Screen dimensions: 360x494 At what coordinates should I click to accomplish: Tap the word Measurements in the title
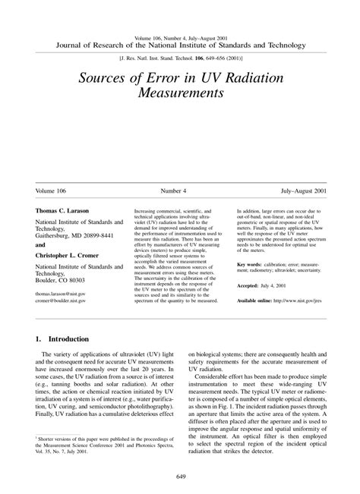[180, 96]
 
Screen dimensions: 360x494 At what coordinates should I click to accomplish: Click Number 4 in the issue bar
[179, 192]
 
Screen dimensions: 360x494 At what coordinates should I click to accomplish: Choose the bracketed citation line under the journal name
[179, 56]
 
